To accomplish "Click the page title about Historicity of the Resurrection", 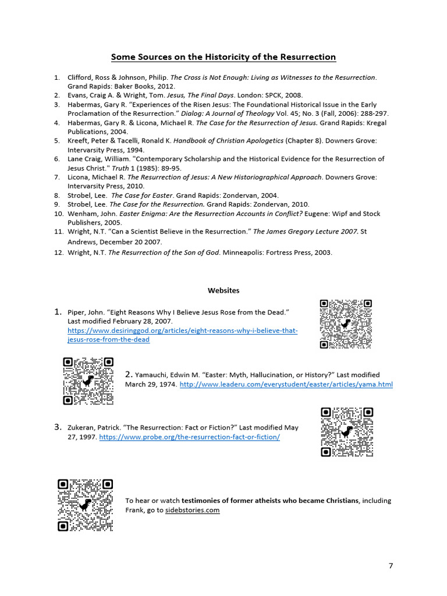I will (x=223, y=57).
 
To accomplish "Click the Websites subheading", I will (x=223, y=290).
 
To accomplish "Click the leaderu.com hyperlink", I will (x=286, y=385).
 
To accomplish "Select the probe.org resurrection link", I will (x=189, y=437).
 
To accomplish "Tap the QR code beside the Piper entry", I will (x=346, y=324).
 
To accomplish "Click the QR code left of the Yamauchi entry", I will (x=88, y=381).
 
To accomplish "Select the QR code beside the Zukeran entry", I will (x=347, y=432).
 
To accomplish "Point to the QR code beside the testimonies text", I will (x=85, y=505).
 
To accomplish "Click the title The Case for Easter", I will (x=139, y=196).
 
